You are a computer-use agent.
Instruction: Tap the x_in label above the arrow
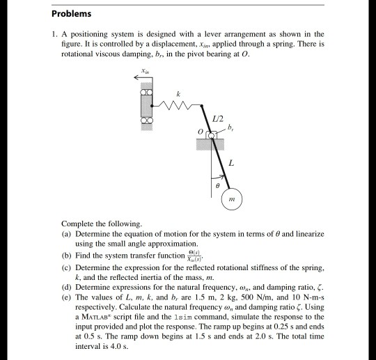[x=144, y=70]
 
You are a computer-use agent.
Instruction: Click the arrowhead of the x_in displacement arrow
[x=136, y=78]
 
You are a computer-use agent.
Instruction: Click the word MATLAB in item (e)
[x=91, y=307]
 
